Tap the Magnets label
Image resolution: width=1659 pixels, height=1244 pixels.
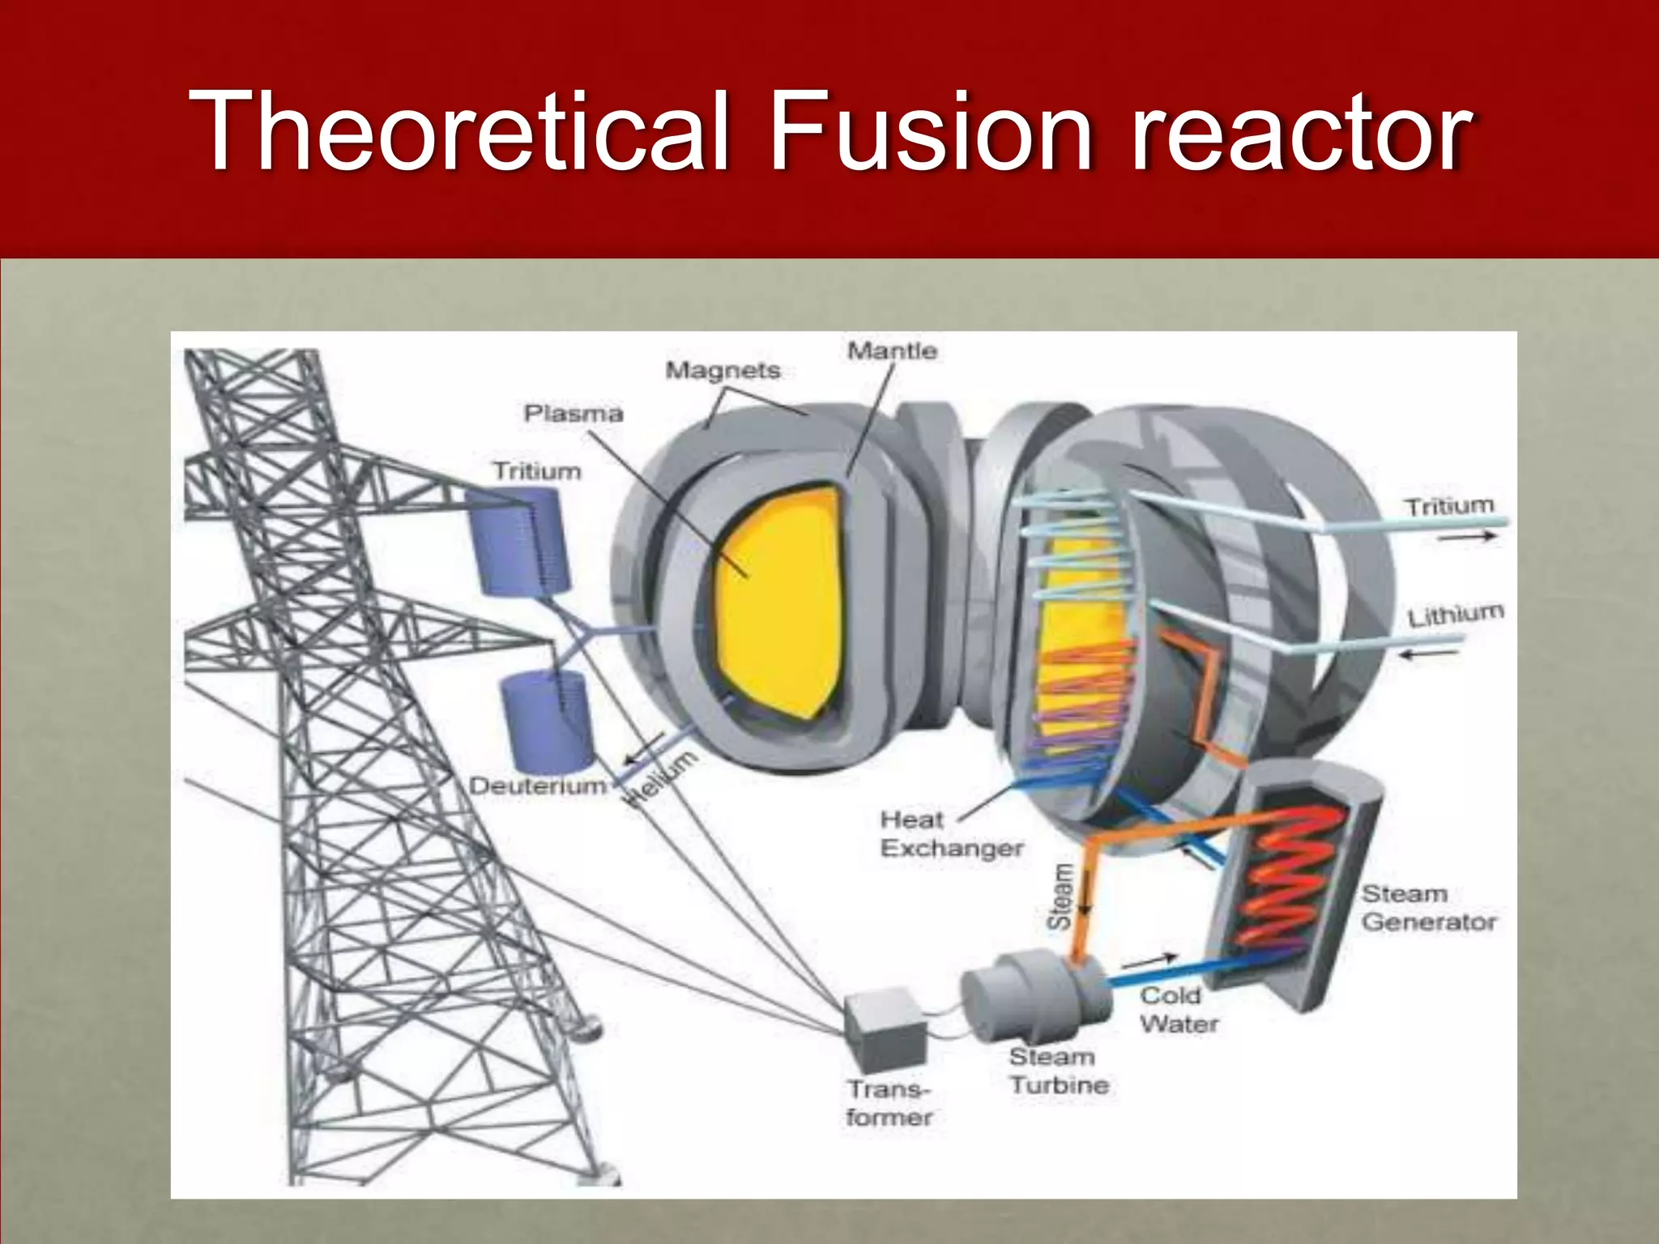[x=723, y=371]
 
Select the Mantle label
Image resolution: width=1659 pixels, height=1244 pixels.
[x=892, y=351]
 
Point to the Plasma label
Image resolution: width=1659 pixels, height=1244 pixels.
[x=574, y=414]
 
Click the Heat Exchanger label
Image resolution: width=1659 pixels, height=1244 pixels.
[x=951, y=834]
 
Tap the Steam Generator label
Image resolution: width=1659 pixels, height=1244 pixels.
[x=1428, y=908]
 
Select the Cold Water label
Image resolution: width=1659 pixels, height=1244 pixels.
[x=1178, y=1010]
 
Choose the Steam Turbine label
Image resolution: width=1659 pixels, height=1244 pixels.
[x=1058, y=1071]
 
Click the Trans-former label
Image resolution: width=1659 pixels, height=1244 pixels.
[x=889, y=1103]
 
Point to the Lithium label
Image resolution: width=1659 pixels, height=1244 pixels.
[x=1455, y=616]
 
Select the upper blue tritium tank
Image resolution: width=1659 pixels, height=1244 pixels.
[x=518, y=540]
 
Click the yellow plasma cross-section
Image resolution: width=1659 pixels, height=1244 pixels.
[x=778, y=599]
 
